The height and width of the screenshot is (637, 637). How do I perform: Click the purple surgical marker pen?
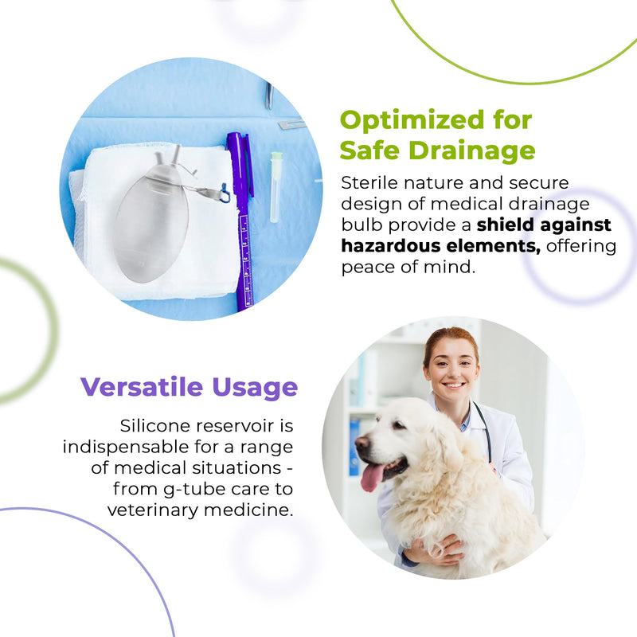[240, 223]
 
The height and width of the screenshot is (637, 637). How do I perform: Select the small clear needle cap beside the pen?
[276, 187]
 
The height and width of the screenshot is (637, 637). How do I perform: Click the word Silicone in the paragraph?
[153, 426]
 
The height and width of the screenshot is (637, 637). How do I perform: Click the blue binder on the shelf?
[354, 446]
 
